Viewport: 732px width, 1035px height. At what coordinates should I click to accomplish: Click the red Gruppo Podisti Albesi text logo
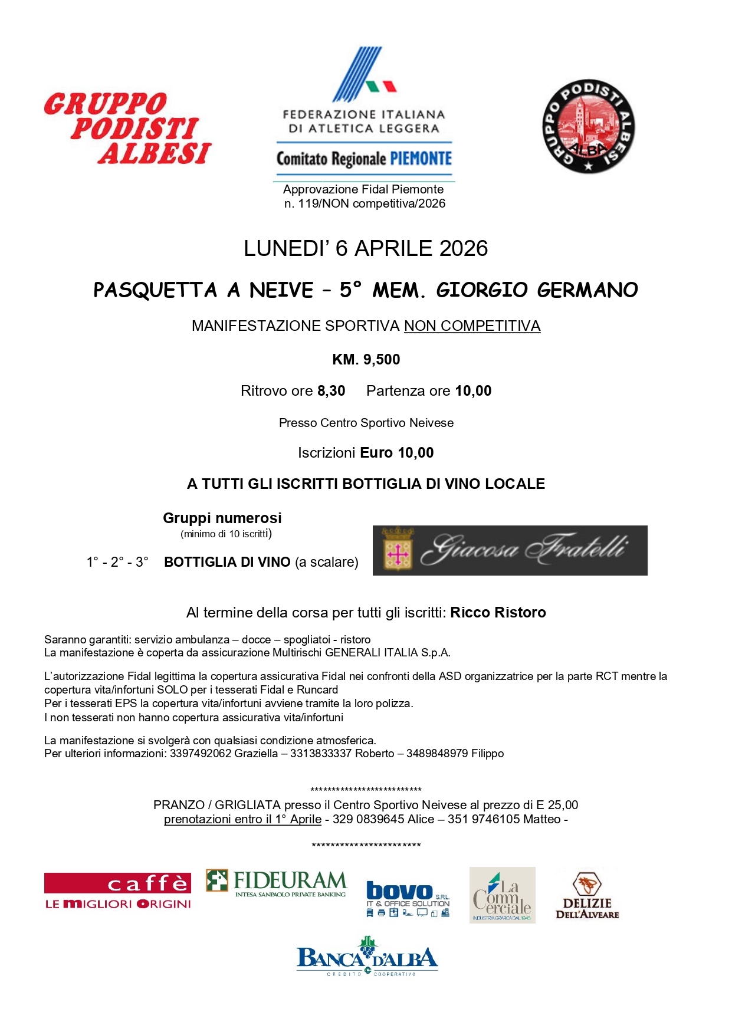(128, 129)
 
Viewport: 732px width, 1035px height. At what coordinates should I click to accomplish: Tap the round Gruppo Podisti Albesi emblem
(588, 126)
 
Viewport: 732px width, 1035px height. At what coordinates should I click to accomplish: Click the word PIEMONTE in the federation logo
(421, 159)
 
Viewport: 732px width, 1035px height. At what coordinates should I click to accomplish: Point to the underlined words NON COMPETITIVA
(472, 326)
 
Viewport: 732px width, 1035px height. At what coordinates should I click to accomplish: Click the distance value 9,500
(382, 360)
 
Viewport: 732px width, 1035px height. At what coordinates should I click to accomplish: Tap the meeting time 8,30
(331, 391)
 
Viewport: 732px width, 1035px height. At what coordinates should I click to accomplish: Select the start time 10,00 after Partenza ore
(473, 391)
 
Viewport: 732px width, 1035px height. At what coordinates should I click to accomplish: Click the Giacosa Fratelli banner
(510, 550)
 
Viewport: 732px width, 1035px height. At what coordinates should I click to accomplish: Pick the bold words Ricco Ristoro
(498, 613)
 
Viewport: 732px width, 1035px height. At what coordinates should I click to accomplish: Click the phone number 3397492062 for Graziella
(201, 754)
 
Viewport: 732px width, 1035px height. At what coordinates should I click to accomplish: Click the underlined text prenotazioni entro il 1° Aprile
(242, 819)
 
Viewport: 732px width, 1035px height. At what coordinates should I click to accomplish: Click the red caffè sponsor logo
(118, 891)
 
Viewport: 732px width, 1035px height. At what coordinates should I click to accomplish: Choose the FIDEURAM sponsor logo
(276, 883)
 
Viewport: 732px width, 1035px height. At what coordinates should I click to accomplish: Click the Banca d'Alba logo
(367, 956)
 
